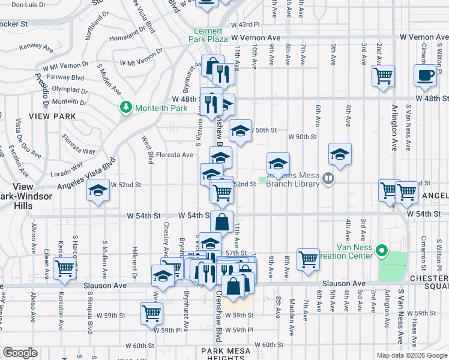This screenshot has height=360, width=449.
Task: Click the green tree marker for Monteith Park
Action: [126, 107]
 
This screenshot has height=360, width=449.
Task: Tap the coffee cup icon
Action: [425, 76]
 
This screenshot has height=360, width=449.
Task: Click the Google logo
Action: [20, 353]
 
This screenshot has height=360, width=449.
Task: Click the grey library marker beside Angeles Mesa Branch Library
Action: [328, 178]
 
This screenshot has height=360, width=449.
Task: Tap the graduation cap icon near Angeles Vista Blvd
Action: [97, 192]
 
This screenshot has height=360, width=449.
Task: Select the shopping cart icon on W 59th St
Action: [151, 313]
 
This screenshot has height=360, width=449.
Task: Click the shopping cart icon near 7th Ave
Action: [308, 259]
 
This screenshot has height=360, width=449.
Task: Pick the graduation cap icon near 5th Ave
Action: [340, 154]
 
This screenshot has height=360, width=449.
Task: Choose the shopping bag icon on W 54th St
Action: [221, 221]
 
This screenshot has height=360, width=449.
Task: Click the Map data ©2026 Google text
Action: [410, 355]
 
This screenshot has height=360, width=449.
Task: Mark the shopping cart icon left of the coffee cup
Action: [383, 76]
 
